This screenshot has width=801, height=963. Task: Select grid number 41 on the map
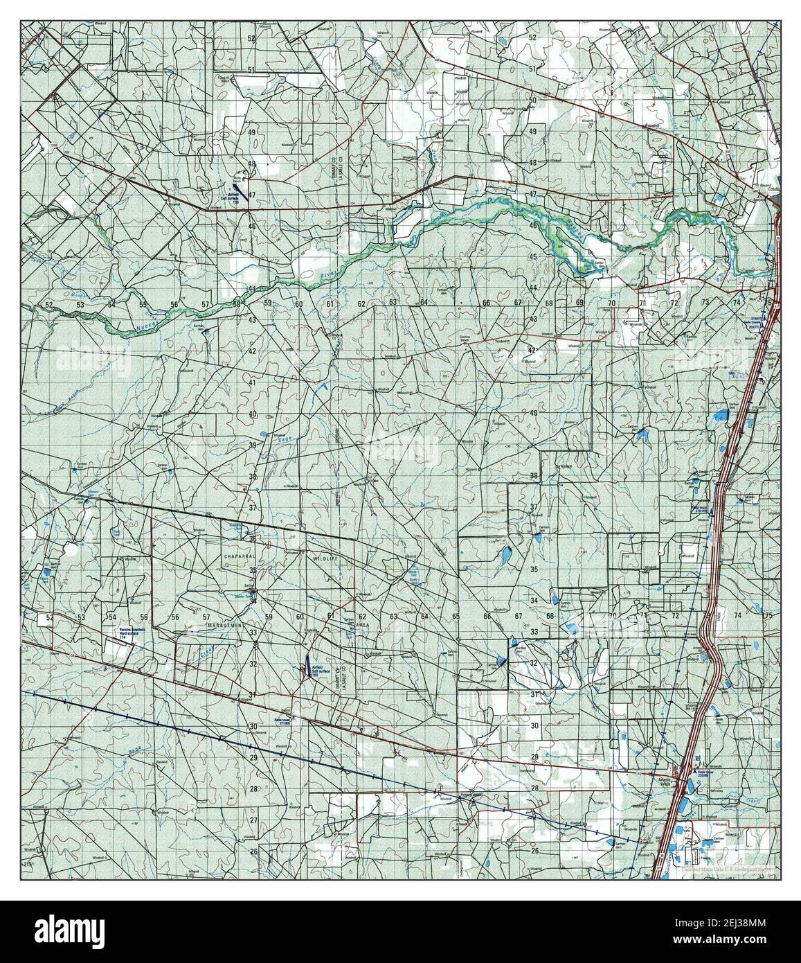(253, 382)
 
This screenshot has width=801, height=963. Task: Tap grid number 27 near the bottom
(253, 820)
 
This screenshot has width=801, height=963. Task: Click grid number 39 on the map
(253, 445)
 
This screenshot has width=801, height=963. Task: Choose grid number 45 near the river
(534, 257)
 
